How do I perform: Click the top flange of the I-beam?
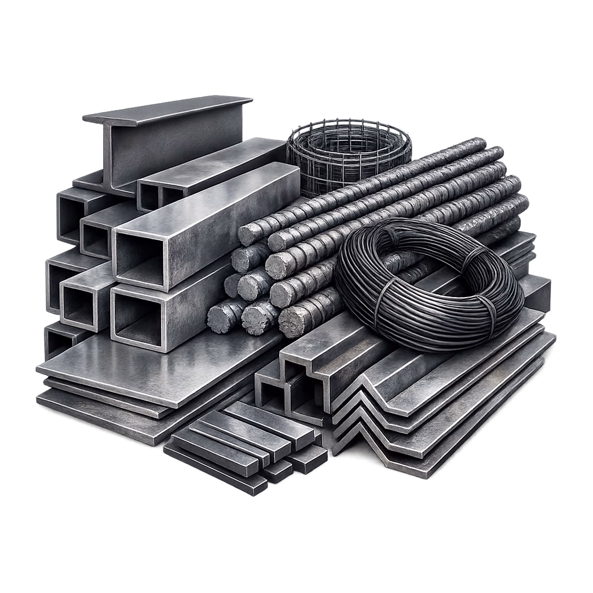pos(168,110)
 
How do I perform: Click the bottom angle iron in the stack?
pos(440,457)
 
